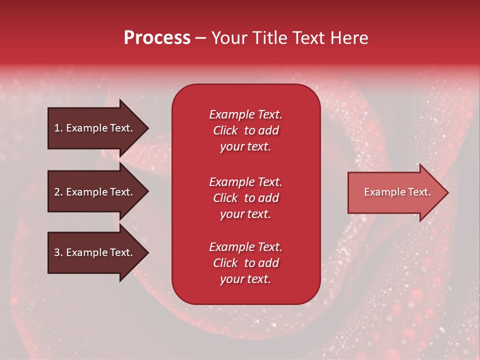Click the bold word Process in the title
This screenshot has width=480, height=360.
(x=157, y=38)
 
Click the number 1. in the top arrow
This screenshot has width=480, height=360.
(x=59, y=128)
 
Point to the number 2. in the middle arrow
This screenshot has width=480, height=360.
(x=59, y=192)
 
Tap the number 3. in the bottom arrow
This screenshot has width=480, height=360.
(x=59, y=252)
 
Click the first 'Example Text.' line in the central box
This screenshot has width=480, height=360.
(x=245, y=114)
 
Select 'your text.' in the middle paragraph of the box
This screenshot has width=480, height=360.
(x=245, y=214)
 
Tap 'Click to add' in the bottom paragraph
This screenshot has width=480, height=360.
(x=245, y=263)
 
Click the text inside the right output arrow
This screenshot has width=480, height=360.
(x=397, y=192)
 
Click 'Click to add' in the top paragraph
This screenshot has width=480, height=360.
(x=245, y=130)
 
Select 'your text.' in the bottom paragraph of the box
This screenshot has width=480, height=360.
(x=245, y=279)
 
